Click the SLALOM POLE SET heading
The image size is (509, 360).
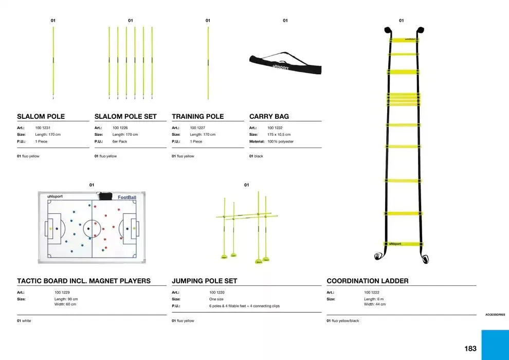pyautogui.click(x=125, y=117)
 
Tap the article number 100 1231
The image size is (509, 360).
pyautogui.click(x=43, y=128)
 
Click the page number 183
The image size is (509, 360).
pyautogui.click(x=470, y=349)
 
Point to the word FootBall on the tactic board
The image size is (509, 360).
pyautogui.click(x=127, y=197)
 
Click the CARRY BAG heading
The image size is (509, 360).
pyautogui.click(x=269, y=117)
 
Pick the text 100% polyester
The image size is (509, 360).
pyautogui.click(x=280, y=141)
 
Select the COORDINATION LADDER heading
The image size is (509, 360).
pyautogui.click(x=368, y=281)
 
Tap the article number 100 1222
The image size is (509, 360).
pyautogui.click(x=372, y=292)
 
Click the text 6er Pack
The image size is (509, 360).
pyautogui.click(x=120, y=141)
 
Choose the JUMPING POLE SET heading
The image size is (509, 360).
pyautogui.click(x=205, y=281)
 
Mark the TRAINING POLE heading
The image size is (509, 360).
pyautogui.click(x=198, y=117)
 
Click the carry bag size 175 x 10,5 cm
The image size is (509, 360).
pyautogui.click(x=279, y=135)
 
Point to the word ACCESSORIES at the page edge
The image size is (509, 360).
pyautogui.click(x=495, y=315)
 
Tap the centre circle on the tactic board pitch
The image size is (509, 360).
pyautogui.click(x=92, y=227)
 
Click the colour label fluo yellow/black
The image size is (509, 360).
pyautogui.click(x=344, y=321)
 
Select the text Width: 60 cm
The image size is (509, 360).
pyautogui.click(x=65, y=304)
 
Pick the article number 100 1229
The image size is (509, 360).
pyautogui.click(x=62, y=292)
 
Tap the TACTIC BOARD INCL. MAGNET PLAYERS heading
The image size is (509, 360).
pyautogui.click(x=84, y=281)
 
